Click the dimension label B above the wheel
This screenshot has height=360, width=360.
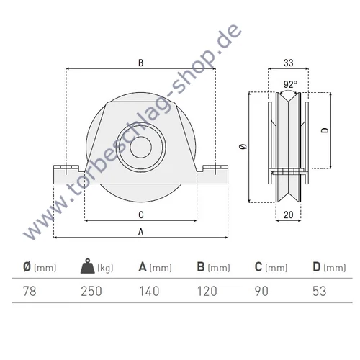coord(141,63)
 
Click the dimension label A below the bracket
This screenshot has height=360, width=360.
coord(141,231)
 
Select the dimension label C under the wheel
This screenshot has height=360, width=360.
coord(141,215)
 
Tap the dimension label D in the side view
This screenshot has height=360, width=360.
coord(325,130)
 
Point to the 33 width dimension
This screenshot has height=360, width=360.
coord(289,63)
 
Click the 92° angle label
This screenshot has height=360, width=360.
coord(289,84)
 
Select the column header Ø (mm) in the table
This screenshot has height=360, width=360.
coord(39,268)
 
